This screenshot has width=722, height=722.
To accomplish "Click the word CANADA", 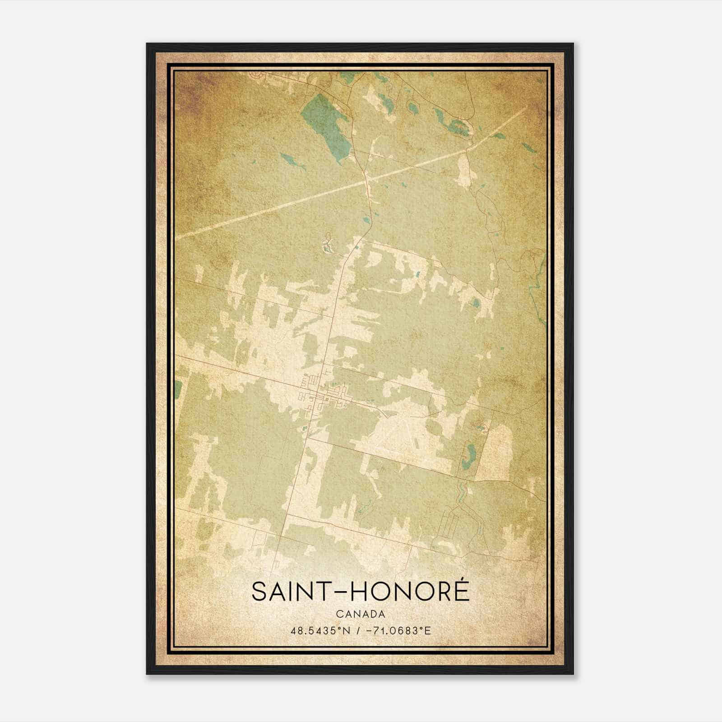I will (360, 614).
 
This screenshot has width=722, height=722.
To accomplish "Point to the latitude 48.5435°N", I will (320, 630).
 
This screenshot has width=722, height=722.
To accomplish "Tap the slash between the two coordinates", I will (358, 630).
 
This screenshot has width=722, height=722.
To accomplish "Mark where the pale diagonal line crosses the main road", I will (368, 181).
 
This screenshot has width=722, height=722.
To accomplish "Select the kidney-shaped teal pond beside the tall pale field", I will (471, 451).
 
